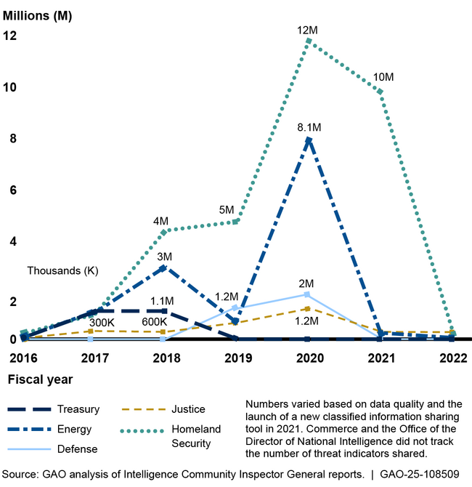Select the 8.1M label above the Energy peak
pos(308,127)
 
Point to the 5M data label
pos(227,211)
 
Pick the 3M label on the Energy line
pos(165,257)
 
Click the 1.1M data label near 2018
pos(161,301)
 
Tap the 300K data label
pos(102,323)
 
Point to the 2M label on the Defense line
pos(306,283)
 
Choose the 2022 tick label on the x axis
pos(452,358)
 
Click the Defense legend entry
pos(78,449)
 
